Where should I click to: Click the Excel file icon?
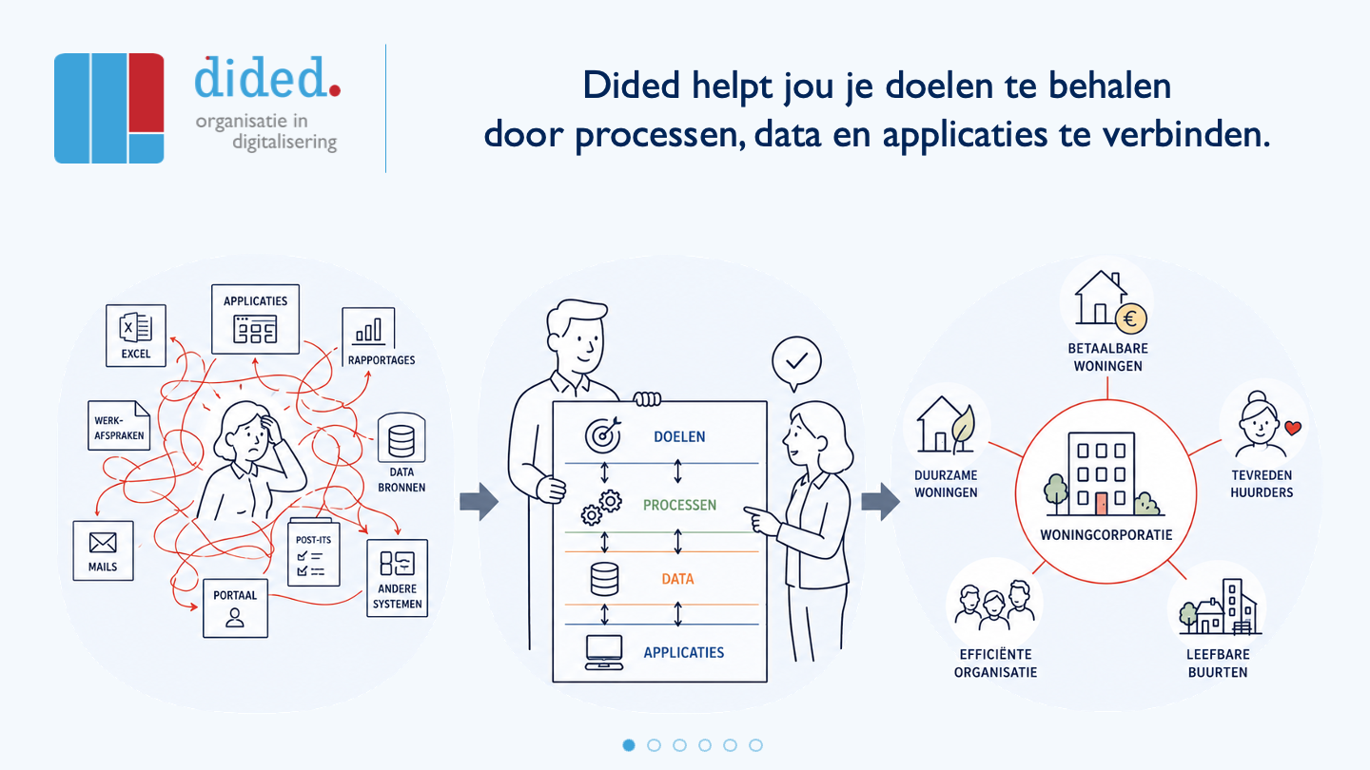click(x=135, y=328)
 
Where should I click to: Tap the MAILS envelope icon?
click(x=103, y=543)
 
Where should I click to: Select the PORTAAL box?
click(x=235, y=608)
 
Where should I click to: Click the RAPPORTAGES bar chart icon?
click(x=368, y=330)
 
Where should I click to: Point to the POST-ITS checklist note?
click(x=314, y=551)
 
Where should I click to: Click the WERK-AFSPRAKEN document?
click(x=119, y=425)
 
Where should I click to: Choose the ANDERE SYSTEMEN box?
click(x=397, y=578)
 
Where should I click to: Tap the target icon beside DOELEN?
click(x=603, y=434)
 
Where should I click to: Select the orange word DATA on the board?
click(x=677, y=579)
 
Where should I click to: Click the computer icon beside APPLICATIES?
click(x=603, y=652)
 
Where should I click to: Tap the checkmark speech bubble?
click(x=796, y=363)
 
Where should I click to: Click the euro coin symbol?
click(x=1130, y=319)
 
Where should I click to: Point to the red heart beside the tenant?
click(x=1293, y=428)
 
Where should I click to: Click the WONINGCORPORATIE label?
click(x=1106, y=534)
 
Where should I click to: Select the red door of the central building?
click(x=1102, y=504)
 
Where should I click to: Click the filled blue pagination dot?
click(x=629, y=745)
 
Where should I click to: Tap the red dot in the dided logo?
click(x=335, y=91)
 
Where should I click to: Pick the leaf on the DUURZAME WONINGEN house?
click(x=963, y=424)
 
